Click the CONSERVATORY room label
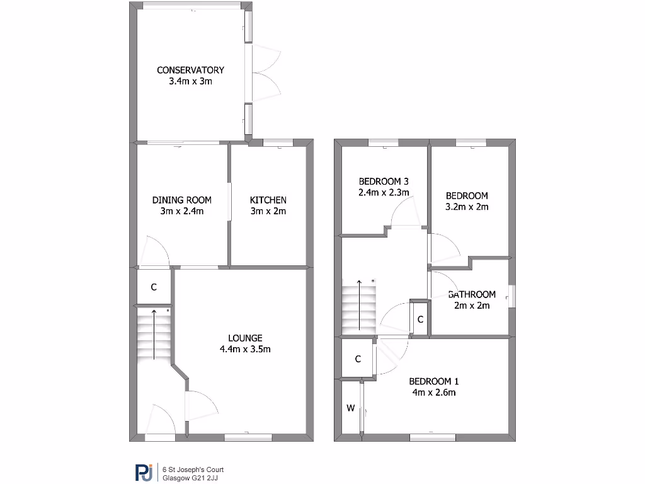(190, 70)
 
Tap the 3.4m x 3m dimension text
(190, 81)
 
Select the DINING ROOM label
(181, 200)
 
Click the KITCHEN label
(268, 200)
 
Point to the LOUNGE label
(245, 338)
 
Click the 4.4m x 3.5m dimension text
(245, 349)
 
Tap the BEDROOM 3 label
(384, 181)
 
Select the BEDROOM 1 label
(434, 381)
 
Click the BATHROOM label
(472, 294)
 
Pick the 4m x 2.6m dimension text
(434, 393)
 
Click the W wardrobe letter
(350, 408)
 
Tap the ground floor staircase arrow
(154, 334)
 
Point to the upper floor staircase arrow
(359, 306)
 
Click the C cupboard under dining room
(153, 287)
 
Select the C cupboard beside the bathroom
(420, 320)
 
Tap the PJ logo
(144, 473)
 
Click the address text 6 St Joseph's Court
(193, 470)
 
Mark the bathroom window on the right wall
(511, 296)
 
